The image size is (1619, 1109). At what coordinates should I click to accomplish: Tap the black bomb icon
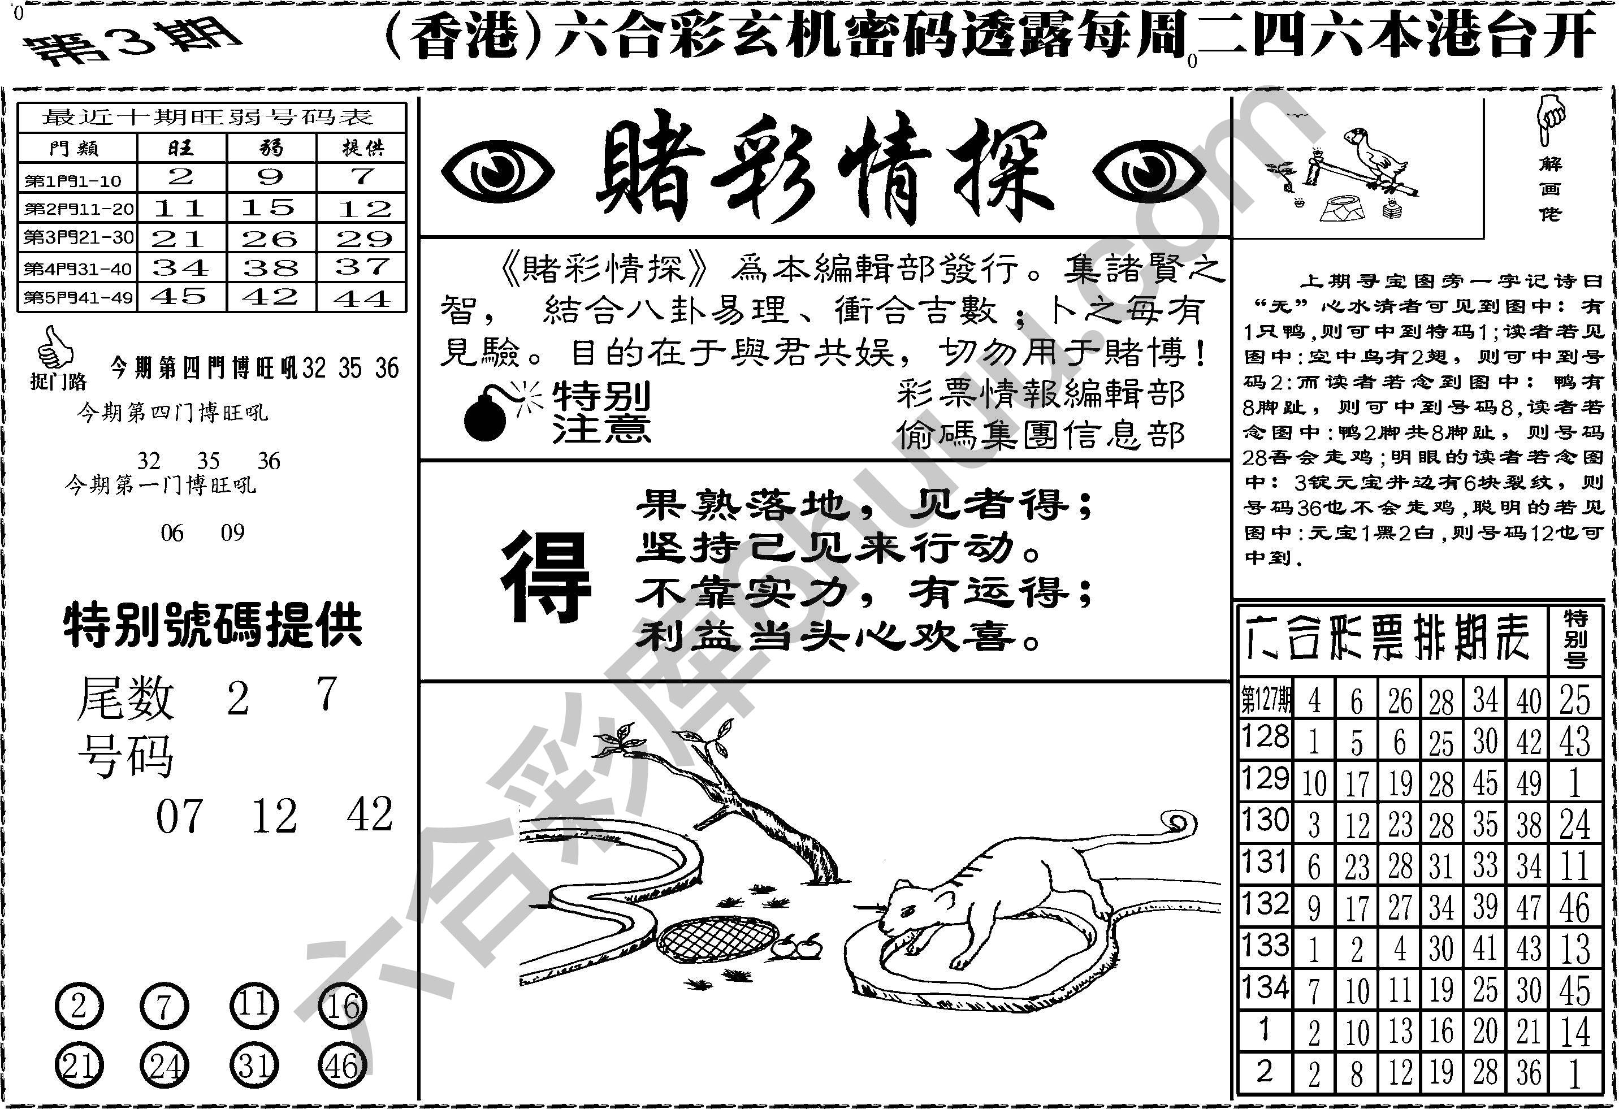pyautogui.click(x=486, y=417)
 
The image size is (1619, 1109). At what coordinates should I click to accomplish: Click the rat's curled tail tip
pyautogui.click(x=1178, y=824)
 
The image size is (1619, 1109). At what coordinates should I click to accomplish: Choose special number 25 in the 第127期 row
pyautogui.click(x=1575, y=700)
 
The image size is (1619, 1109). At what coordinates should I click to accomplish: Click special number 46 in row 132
pyautogui.click(x=1575, y=908)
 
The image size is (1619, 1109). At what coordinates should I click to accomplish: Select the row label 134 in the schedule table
pyautogui.click(x=1265, y=988)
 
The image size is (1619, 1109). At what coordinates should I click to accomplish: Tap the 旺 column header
pyautogui.click(x=181, y=148)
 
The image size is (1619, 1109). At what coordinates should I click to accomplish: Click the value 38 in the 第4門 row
pyautogui.click(x=270, y=267)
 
